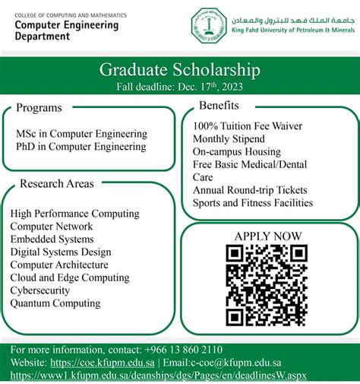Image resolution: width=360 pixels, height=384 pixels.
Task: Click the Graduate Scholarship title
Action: [179, 70]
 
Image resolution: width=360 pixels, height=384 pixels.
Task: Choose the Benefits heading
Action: [219, 105]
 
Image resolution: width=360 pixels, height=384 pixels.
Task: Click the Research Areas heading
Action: [57, 183]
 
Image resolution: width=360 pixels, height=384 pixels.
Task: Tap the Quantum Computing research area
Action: [55, 303]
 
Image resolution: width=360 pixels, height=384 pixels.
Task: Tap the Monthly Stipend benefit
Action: [229, 138]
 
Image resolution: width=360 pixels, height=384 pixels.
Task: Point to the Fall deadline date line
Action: [179, 87]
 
